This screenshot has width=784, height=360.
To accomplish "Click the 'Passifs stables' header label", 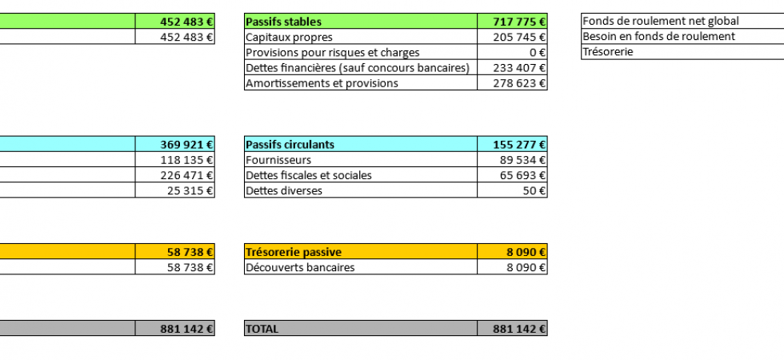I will tap(284, 22).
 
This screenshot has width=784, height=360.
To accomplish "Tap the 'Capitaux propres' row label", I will tap(289, 37).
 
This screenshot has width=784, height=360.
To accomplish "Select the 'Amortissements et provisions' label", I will tap(322, 82).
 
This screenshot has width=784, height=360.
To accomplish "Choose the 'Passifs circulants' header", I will tap(290, 145).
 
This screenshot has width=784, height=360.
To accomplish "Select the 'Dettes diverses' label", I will tap(284, 190).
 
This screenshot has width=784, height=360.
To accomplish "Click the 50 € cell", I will tap(534, 190).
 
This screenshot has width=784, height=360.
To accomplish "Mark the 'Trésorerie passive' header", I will tap(294, 252).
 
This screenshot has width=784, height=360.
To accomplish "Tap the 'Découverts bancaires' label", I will tap(300, 267).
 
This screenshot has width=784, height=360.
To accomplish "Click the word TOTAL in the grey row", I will tap(262, 329).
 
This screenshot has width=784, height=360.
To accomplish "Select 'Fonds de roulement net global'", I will tap(661, 21).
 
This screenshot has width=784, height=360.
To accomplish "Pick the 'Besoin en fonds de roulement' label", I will tap(658, 36).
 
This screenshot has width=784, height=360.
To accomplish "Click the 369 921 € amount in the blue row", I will tap(187, 145).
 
